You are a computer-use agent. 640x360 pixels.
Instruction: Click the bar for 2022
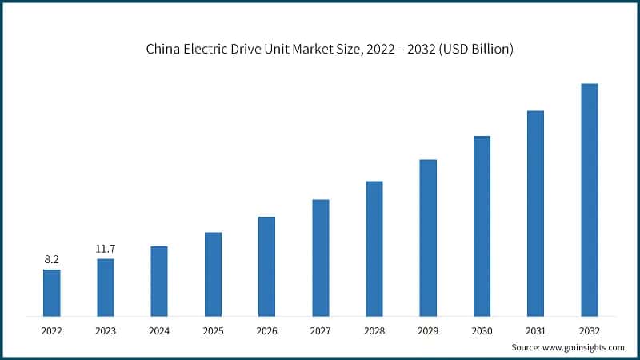[51, 293]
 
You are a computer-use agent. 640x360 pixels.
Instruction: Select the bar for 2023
[105, 287]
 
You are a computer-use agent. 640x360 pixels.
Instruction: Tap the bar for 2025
[213, 274]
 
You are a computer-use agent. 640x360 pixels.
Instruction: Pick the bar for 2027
[320, 258]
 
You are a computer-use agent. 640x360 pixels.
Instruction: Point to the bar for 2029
[428, 238]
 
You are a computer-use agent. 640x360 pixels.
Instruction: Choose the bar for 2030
[482, 226]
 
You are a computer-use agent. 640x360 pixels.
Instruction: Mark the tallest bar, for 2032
[589, 200]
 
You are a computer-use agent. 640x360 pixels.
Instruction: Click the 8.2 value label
[51, 260]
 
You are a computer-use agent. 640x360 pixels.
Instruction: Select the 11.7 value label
[105, 249]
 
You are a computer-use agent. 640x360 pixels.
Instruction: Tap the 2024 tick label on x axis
[158, 330]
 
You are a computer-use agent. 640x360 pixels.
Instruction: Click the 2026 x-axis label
[266, 330]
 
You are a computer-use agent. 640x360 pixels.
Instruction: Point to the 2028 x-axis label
[374, 330]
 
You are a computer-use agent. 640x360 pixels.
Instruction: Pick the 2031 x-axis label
[535, 330]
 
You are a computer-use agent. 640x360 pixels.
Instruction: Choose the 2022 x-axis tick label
[51, 330]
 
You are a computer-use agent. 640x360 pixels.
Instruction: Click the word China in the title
[162, 50]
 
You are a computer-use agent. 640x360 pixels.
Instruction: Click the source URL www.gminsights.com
[583, 348]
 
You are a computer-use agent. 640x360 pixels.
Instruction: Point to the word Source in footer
[526, 348]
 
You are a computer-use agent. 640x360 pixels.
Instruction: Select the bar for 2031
[535, 213]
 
